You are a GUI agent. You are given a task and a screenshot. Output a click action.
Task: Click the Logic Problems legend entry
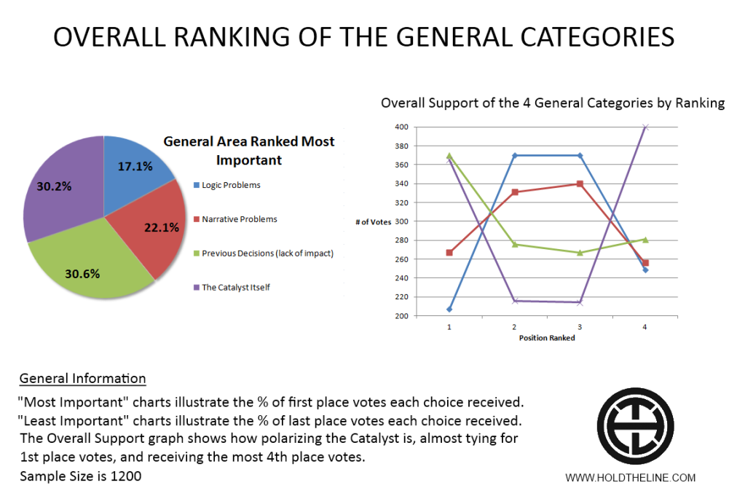coord(231,185)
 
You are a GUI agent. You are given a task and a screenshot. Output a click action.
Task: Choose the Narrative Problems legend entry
coord(239,218)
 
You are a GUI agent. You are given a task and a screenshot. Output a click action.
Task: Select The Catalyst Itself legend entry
coord(235,287)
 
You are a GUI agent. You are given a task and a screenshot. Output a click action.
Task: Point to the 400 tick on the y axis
coord(402,127)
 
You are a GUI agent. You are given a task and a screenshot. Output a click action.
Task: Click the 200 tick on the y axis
coord(402,316)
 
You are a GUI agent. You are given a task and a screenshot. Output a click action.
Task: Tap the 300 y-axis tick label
coord(402,221)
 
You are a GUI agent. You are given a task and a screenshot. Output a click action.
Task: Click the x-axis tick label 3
coord(580,328)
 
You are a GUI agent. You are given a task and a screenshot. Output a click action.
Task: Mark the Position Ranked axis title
coord(546,338)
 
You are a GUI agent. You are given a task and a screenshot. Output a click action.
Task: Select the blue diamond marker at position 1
coord(449,310)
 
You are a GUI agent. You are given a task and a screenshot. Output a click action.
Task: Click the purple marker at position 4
coord(645,127)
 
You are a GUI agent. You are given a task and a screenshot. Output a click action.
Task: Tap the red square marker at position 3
coord(580,184)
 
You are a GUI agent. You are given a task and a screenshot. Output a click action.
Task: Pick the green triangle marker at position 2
coord(514,245)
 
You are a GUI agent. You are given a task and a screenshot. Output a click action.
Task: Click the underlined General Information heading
coord(82,379)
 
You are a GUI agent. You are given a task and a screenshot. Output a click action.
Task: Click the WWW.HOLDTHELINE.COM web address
coord(630,478)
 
